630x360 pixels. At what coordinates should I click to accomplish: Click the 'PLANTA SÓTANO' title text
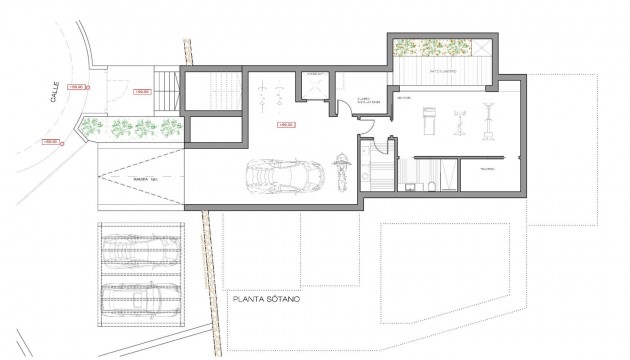(x=265, y=298)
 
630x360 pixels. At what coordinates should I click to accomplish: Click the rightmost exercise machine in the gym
(x=490, y=117)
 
